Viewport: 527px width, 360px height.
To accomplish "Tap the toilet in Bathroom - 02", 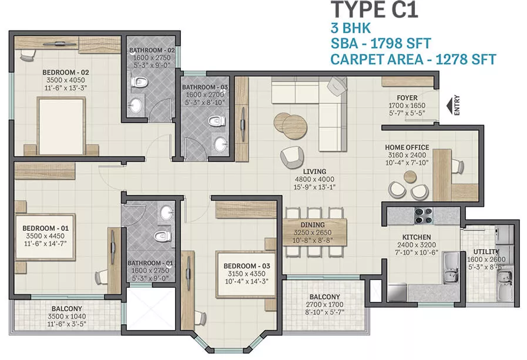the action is click(139, 82).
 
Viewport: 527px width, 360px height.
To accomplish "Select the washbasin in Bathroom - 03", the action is click(220, 144).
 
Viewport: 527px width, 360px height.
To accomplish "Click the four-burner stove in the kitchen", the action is click(423, 216).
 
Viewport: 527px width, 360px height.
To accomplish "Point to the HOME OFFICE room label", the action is click(407, 147).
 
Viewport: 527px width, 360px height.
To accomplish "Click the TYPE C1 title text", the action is click(374, 10).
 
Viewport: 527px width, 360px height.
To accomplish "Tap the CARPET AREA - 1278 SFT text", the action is click(414, 59).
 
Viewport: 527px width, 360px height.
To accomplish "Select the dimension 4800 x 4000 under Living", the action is click(314, 179).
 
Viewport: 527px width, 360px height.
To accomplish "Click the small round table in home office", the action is click(410, 176).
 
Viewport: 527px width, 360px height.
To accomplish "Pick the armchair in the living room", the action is click(292, 157).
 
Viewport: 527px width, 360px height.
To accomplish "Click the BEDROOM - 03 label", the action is click(247, 266).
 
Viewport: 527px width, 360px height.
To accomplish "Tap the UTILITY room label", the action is click(486, 251).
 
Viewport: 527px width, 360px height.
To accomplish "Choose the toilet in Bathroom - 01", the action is click(163, 235).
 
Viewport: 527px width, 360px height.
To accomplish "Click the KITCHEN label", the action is click(417, 237).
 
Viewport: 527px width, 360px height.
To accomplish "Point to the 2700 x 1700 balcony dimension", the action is click(325, 305).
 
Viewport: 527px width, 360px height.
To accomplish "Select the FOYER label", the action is click(407, 97).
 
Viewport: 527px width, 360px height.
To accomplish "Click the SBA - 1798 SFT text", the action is click(381, 43).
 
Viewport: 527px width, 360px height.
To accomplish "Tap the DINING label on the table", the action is click(313, 225).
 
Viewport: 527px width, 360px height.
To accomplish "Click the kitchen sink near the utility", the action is click(451, 268).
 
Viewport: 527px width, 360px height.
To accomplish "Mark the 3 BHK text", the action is click(351, 28).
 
